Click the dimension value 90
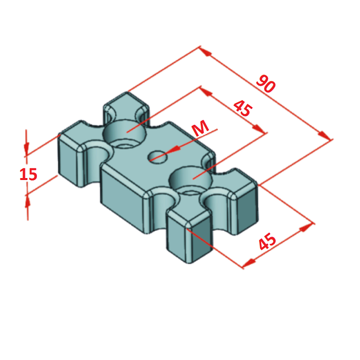click(x=265, y=84)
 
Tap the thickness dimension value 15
click(x=28, y=175)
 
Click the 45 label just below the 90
click(x=243, y=108)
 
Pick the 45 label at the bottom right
click(x=267, y=241)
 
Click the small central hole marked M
click(x=157, y=157)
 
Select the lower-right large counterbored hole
click(x=191, y=180)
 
